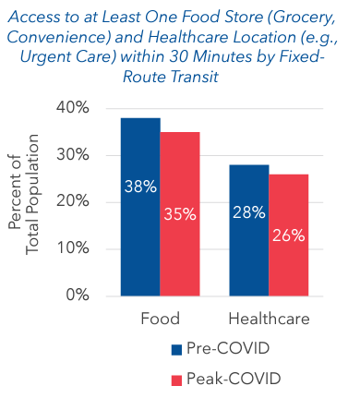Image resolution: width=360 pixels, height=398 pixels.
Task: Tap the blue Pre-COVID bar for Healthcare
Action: (249, 230)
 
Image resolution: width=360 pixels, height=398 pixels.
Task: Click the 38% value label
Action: (140, 187)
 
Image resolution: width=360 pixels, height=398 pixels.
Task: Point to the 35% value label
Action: (180, 214)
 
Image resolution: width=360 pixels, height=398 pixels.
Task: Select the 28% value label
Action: (249, 211)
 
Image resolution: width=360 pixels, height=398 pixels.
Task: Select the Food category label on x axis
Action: (160, 320)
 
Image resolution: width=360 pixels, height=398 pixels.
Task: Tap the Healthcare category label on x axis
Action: (269, 320)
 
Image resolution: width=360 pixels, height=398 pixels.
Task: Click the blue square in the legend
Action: (177, 351)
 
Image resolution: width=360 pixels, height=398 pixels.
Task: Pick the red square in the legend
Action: (177, 380)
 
